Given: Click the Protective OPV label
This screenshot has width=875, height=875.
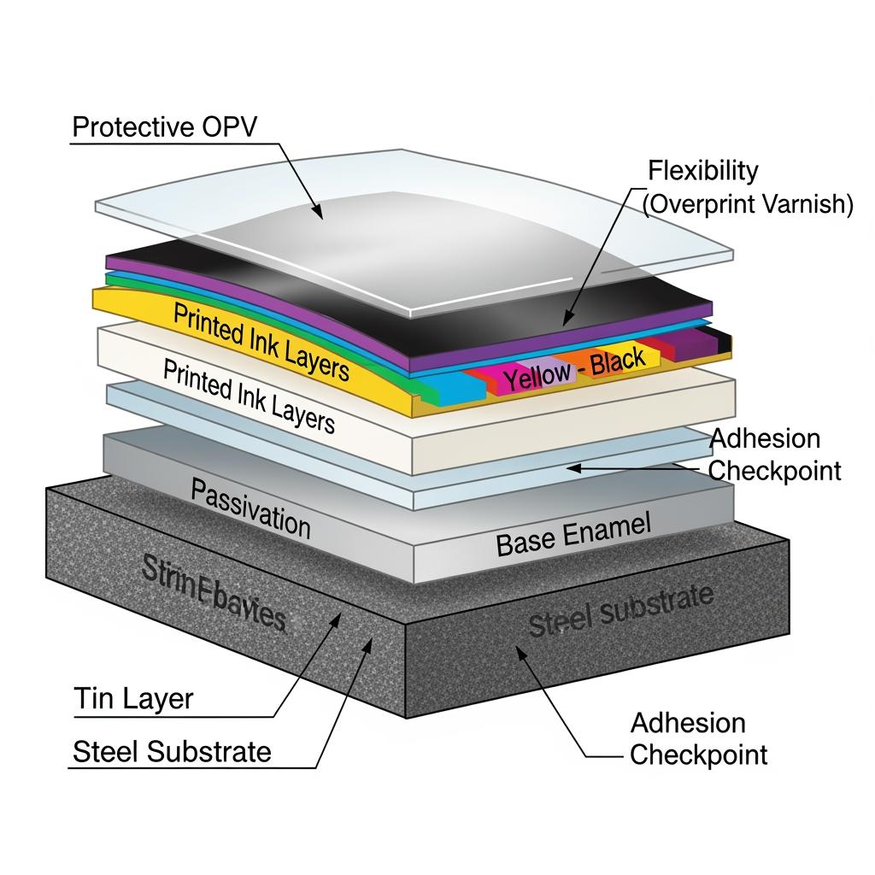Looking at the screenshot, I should point(164,127).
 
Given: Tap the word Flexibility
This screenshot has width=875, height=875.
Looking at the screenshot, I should point(702,170).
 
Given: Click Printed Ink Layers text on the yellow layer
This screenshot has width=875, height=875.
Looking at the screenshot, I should point(261,340).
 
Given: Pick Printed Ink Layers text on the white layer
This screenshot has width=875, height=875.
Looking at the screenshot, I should point(249,394).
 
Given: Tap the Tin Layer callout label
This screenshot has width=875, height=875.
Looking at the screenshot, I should point(132,699).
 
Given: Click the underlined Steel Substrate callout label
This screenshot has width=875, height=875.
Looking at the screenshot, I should point(172,752).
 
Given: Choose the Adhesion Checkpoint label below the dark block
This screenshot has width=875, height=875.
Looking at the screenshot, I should point(698,739).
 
